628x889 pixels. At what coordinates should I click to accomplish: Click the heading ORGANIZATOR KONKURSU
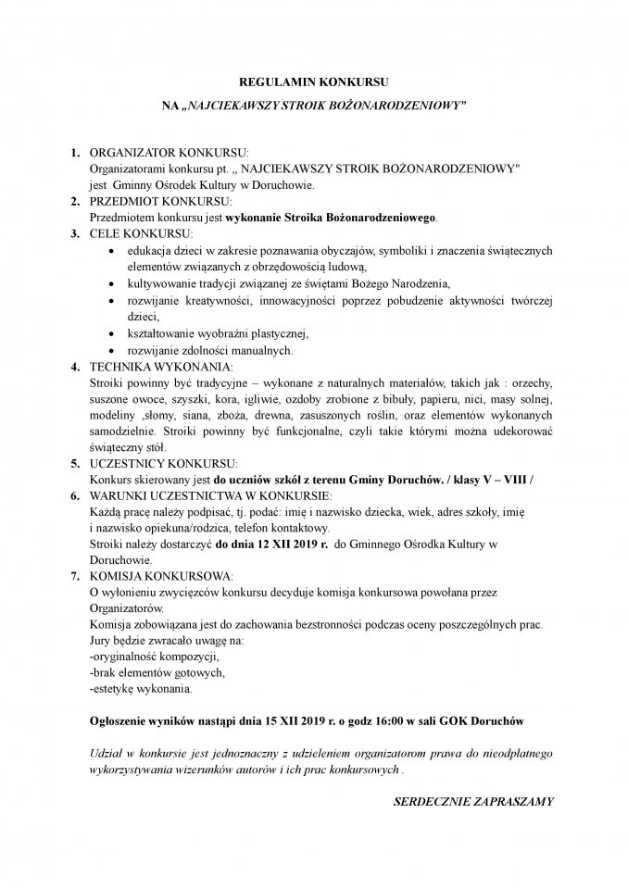click(x=169, y=152)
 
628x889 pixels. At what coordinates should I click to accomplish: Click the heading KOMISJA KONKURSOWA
click(x=161, y=576)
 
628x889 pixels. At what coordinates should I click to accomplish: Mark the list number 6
click(x=74, y=495)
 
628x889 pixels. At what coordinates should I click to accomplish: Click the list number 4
click(x=74, y=367)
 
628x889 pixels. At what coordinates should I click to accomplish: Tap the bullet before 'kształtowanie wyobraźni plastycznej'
click(x=112, y=334)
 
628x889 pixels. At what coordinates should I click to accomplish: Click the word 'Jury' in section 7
click(x=100, y=640)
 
